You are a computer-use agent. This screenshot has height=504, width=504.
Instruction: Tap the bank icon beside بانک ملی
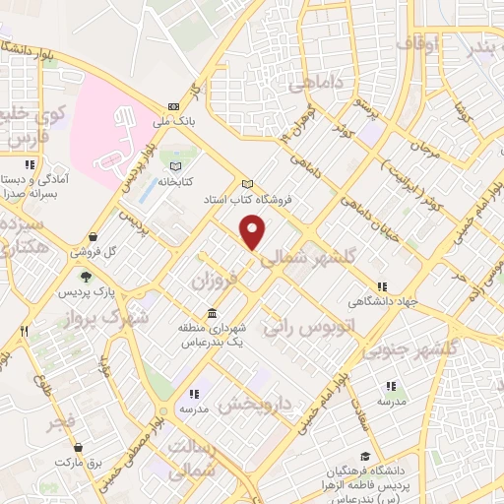(x=175, y=105)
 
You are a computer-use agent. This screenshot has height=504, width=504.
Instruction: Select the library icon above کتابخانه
(x=177, y=166)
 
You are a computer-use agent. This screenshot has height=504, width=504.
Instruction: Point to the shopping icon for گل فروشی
(x=93, y=236)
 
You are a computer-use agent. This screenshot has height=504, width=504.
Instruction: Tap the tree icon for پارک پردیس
(x=86, y=277)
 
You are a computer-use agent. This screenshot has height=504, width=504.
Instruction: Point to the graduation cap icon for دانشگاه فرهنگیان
(x=366, y=457)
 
